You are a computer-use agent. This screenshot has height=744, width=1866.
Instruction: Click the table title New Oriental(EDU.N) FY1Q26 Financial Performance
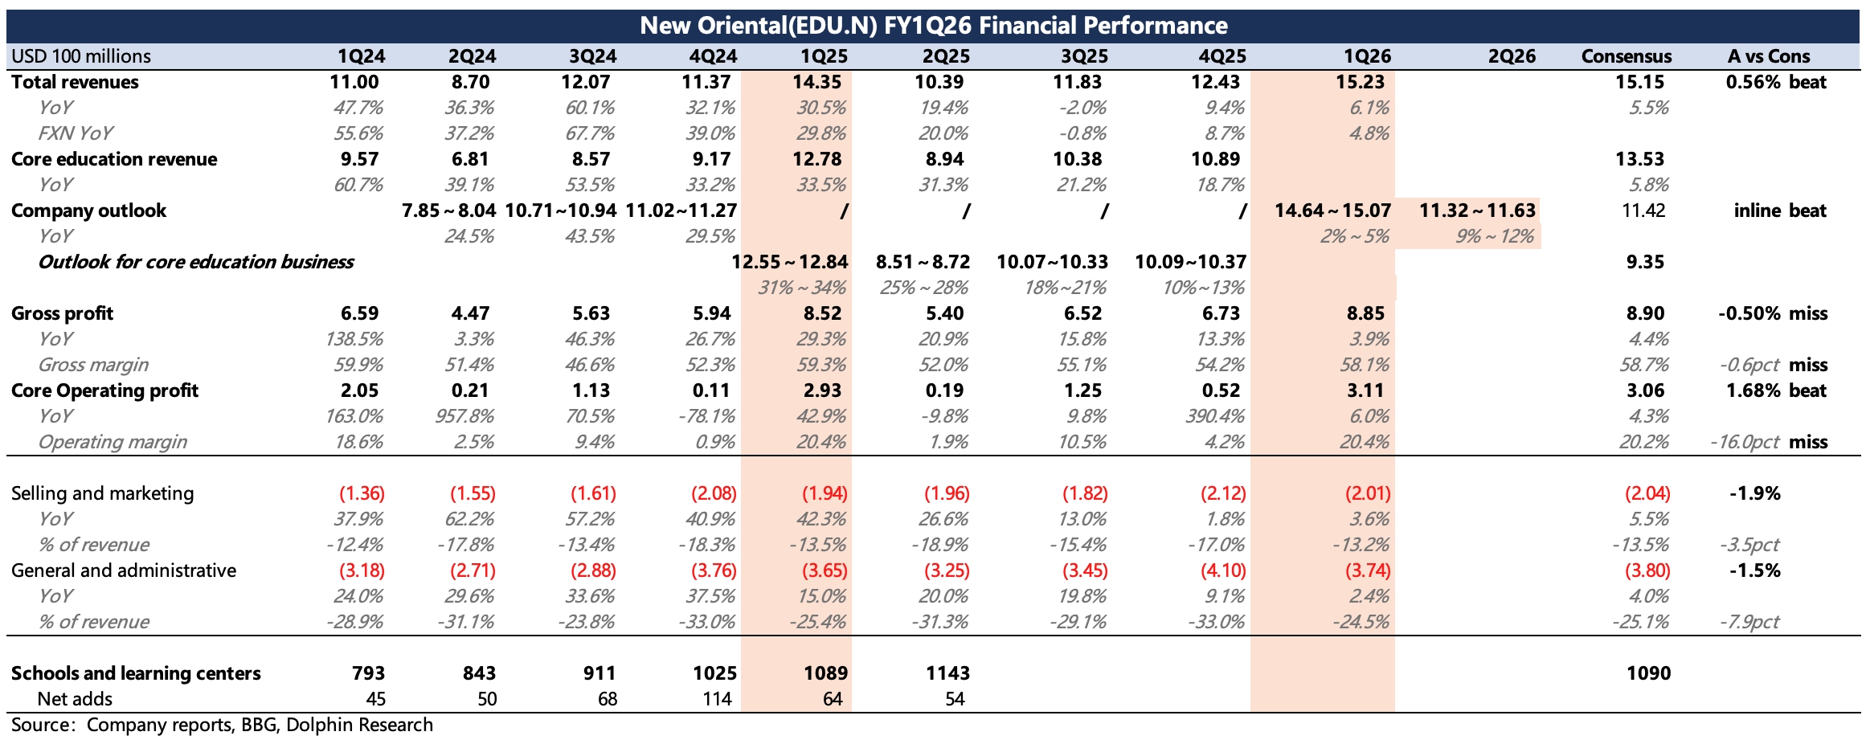tap(933, 26)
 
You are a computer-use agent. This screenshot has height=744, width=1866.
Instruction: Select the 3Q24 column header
tap(592, 56)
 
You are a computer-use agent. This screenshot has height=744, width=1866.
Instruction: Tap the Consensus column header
tap(1626, 56)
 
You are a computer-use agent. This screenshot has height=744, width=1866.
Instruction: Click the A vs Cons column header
tap(1768, 56)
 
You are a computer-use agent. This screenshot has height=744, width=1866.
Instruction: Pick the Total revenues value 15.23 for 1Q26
tap(1365, 82)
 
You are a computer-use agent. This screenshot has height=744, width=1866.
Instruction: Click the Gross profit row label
tap(63, 313)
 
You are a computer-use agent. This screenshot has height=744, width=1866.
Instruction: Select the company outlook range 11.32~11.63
tap(1477, 211)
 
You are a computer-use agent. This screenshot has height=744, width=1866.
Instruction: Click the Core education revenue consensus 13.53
tap(1639, 159)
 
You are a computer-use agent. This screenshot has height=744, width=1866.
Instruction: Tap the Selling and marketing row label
tap(103, 493)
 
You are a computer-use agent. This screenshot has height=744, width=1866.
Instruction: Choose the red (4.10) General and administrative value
tap(1222, 570)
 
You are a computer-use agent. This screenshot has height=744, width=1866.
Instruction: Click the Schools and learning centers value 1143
tap(947, 673)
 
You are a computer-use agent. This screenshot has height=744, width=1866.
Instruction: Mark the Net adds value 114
tap(717, 699)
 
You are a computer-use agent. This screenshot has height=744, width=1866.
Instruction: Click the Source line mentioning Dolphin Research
tap(223, 725)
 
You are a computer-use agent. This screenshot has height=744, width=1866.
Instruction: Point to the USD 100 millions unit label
tap(81, 56)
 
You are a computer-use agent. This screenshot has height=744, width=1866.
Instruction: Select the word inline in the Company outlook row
tap(1757, 211)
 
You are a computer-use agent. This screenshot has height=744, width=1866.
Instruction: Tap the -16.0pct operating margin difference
tap(1745, 442)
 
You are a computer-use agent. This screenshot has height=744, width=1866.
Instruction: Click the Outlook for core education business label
tap(196, 262)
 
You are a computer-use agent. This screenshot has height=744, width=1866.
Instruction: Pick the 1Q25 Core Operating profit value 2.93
tap(822, 390)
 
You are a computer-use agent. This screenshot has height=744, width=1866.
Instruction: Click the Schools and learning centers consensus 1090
tap(1648, 673)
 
